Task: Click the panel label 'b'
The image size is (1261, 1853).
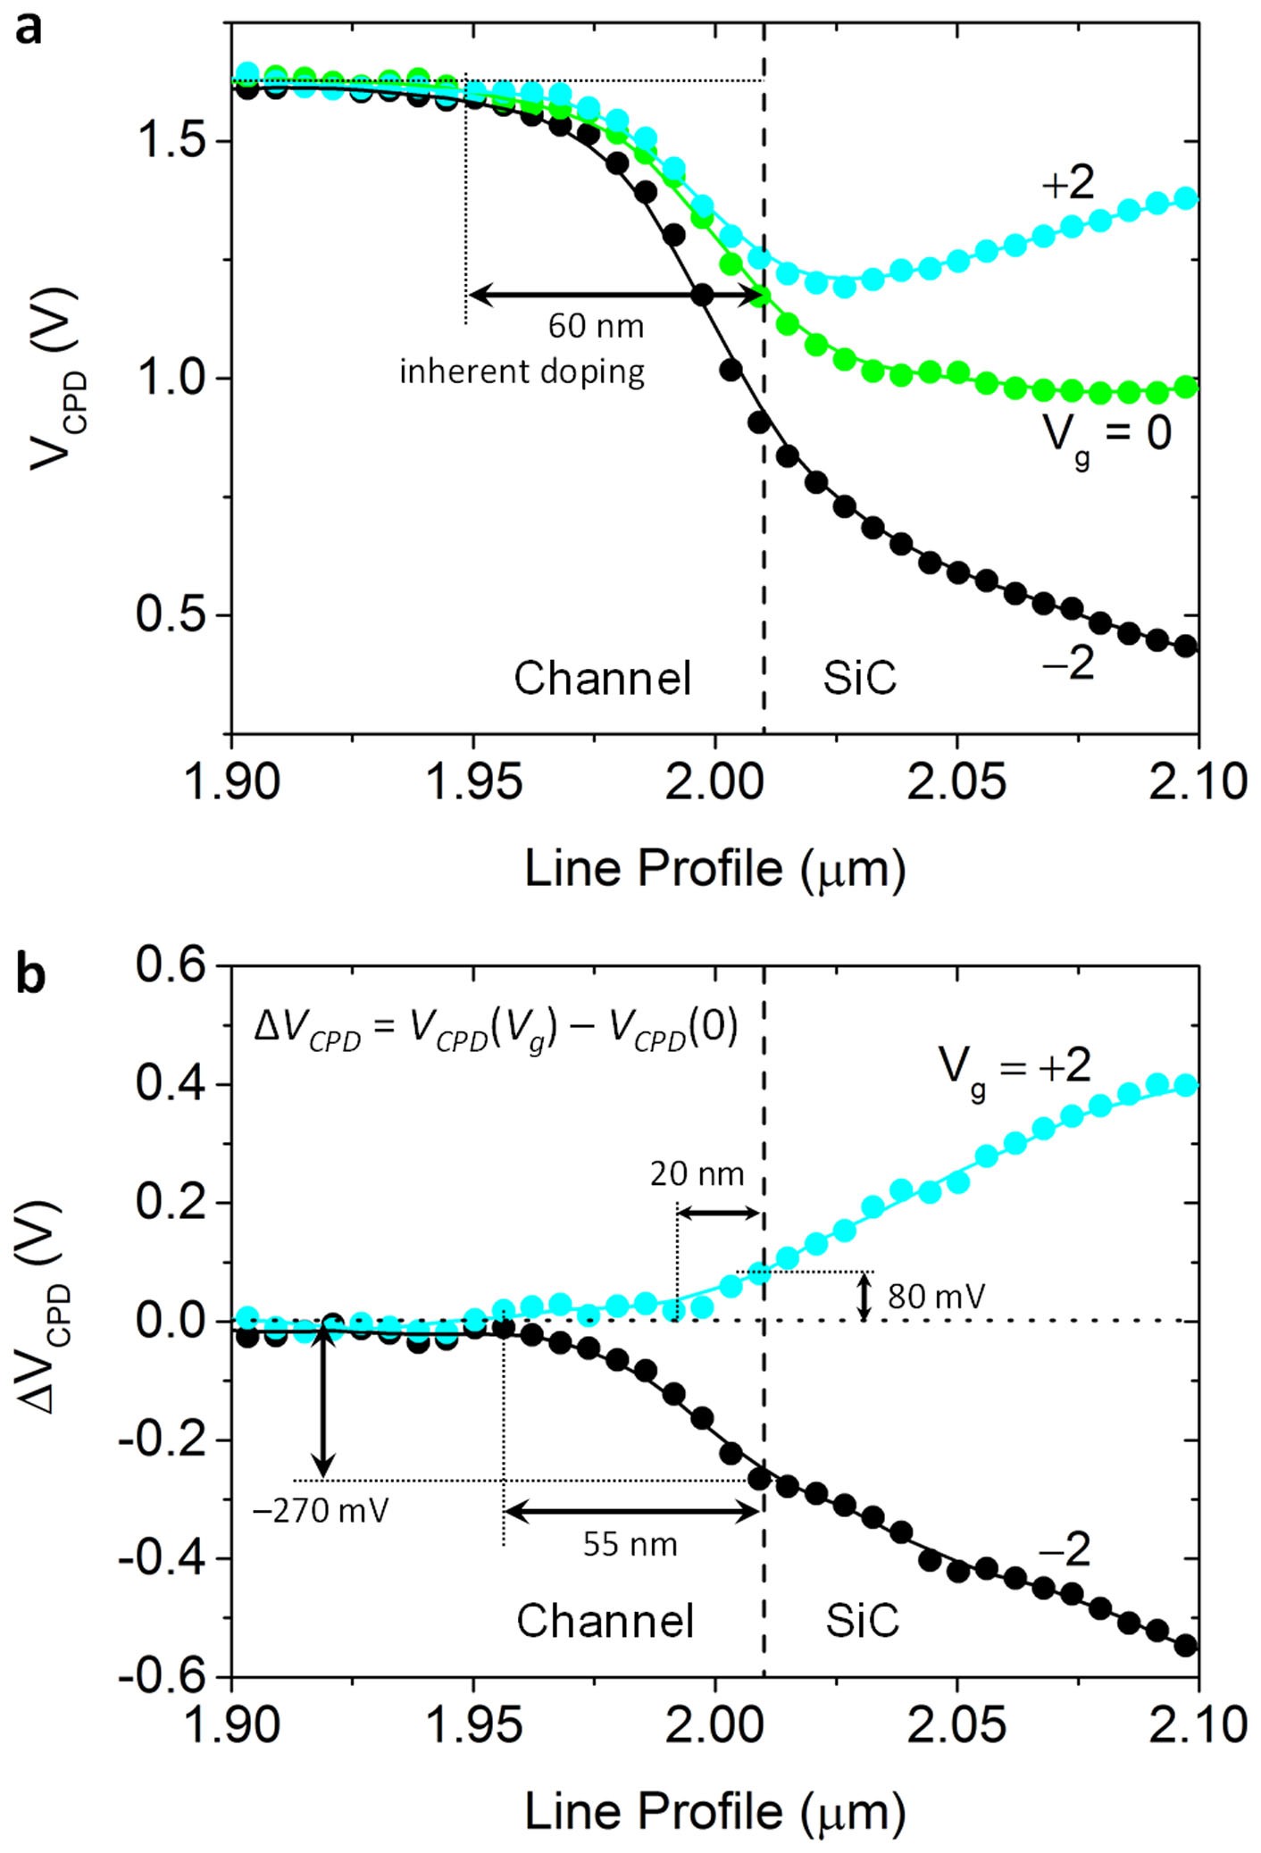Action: point(31,976)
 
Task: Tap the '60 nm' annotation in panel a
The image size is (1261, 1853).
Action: point(596,326)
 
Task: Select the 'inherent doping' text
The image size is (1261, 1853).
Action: point(522,371)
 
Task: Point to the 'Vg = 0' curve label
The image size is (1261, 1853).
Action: point(1107,435)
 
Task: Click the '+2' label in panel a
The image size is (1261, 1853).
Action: point(1068,184)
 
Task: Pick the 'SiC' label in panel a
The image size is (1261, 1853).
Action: point(859,679)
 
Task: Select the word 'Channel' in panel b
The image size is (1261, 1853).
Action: point(605,1621)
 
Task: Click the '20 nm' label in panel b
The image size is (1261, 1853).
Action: point(697,1174)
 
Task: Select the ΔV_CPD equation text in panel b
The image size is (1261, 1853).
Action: point(496,1030)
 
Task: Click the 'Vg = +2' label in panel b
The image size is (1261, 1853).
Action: point(1014,1067)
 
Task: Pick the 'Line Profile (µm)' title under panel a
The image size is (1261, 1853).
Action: point(714,868)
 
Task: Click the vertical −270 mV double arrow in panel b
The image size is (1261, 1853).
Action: point(323,1402)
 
